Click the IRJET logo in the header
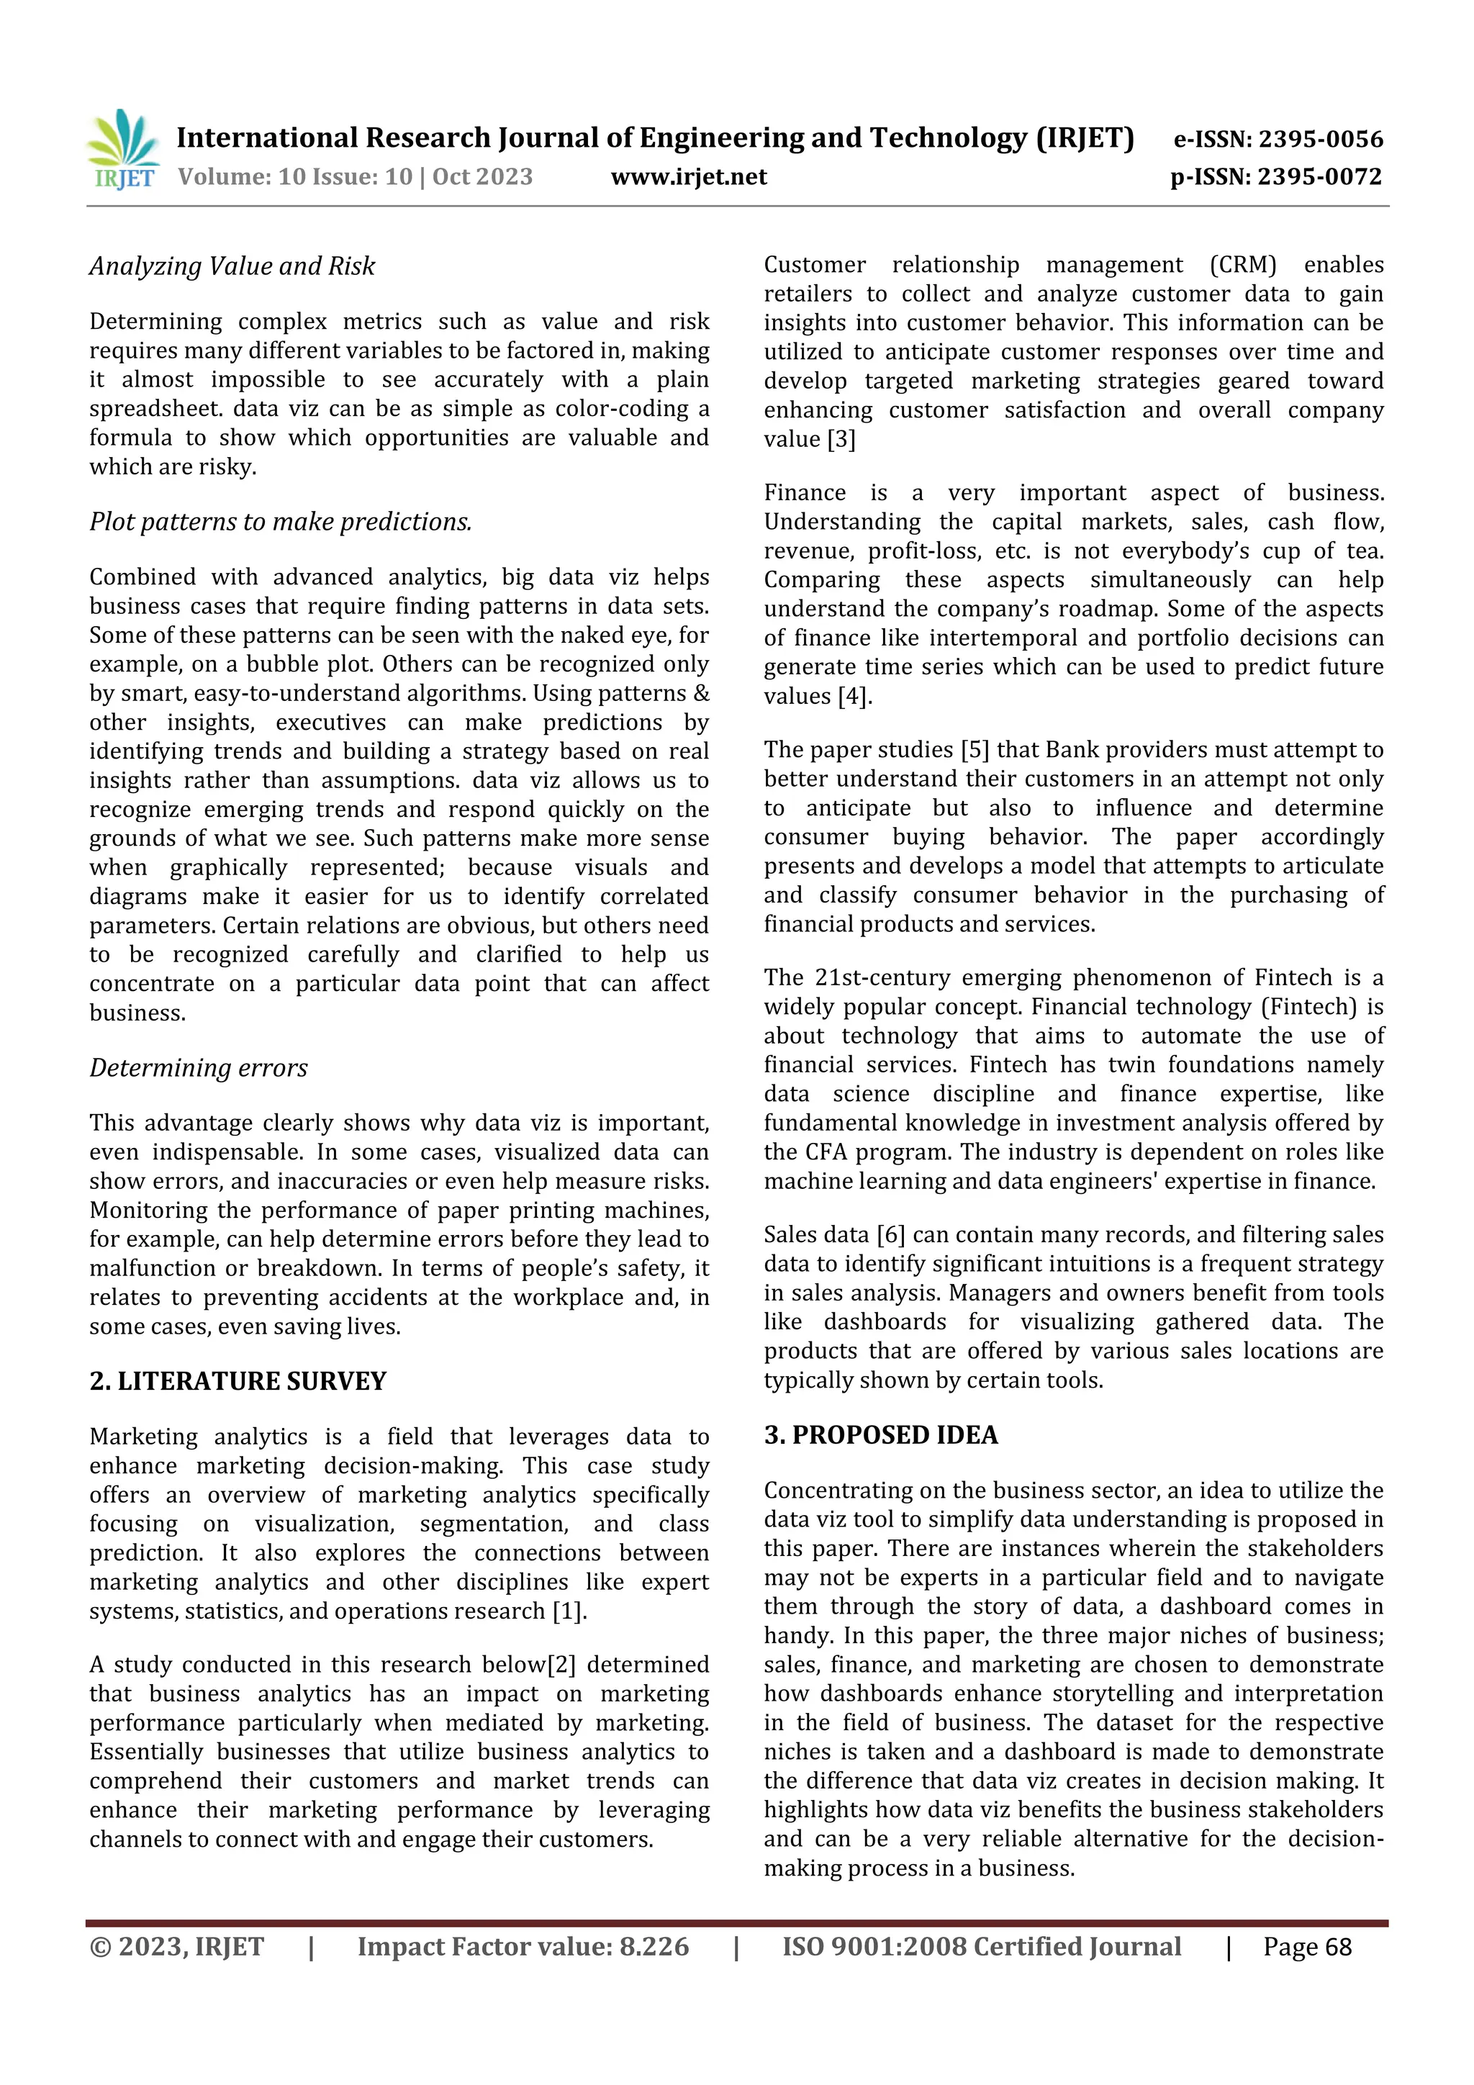(125, 149)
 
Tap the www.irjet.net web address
(688, 176)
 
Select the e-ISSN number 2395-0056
(1278, 139)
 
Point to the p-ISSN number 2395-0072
(1276, 176)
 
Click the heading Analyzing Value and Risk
(232, 266)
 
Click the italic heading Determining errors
(198, 1067)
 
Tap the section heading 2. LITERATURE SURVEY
(238, 1380)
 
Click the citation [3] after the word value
(841, 440)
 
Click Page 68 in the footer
(1307, 1947)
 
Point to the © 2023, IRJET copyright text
(176, 1947)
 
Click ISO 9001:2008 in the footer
(873, 1947)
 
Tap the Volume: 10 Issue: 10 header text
(295, 176)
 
